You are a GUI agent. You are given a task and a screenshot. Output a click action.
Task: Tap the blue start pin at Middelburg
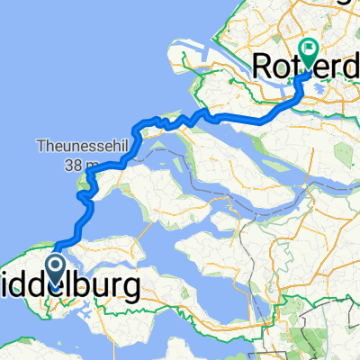tap(53, 271)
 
